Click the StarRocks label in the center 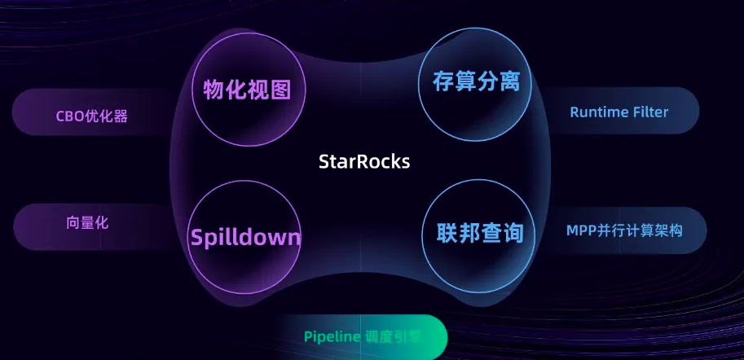coord(363,161)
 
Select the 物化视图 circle coord(246,89)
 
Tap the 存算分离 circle coord(475,81)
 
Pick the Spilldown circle coord(245,237)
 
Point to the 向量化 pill coord(88,222)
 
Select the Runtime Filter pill coord(619,112)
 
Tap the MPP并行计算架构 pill coord(624,230)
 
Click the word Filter coord(649,112)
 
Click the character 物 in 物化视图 coord(214,89)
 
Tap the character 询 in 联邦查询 coord(512,234)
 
